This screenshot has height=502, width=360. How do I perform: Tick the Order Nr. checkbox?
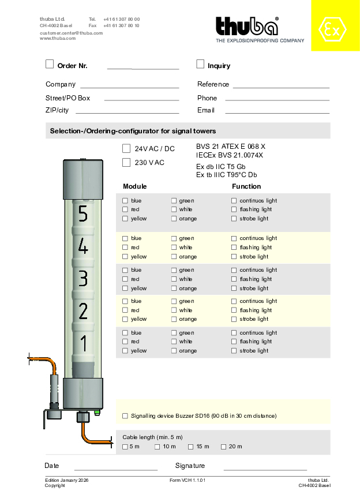(50, 64)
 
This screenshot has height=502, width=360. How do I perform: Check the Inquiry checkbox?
(200, 64)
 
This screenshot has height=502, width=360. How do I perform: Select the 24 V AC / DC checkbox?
(126, 148)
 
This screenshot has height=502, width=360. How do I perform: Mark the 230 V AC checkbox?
(126, 162)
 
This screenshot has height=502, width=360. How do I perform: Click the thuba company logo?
(247, 27)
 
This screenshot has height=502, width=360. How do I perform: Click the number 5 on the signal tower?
(83, 214)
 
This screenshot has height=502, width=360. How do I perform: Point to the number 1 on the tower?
(83, 344)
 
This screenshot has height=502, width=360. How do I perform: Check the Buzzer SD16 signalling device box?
(125, 415)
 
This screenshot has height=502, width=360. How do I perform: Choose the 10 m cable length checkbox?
(157, 447)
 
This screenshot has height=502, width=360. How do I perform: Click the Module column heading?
(135, 186)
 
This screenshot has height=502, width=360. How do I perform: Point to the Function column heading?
(246, 186)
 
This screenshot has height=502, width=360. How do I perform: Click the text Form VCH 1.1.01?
(187, 480)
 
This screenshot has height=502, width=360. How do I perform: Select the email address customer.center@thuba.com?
(71, 33)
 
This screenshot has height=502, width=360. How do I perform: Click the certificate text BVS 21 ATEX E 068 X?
(231, 147)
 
